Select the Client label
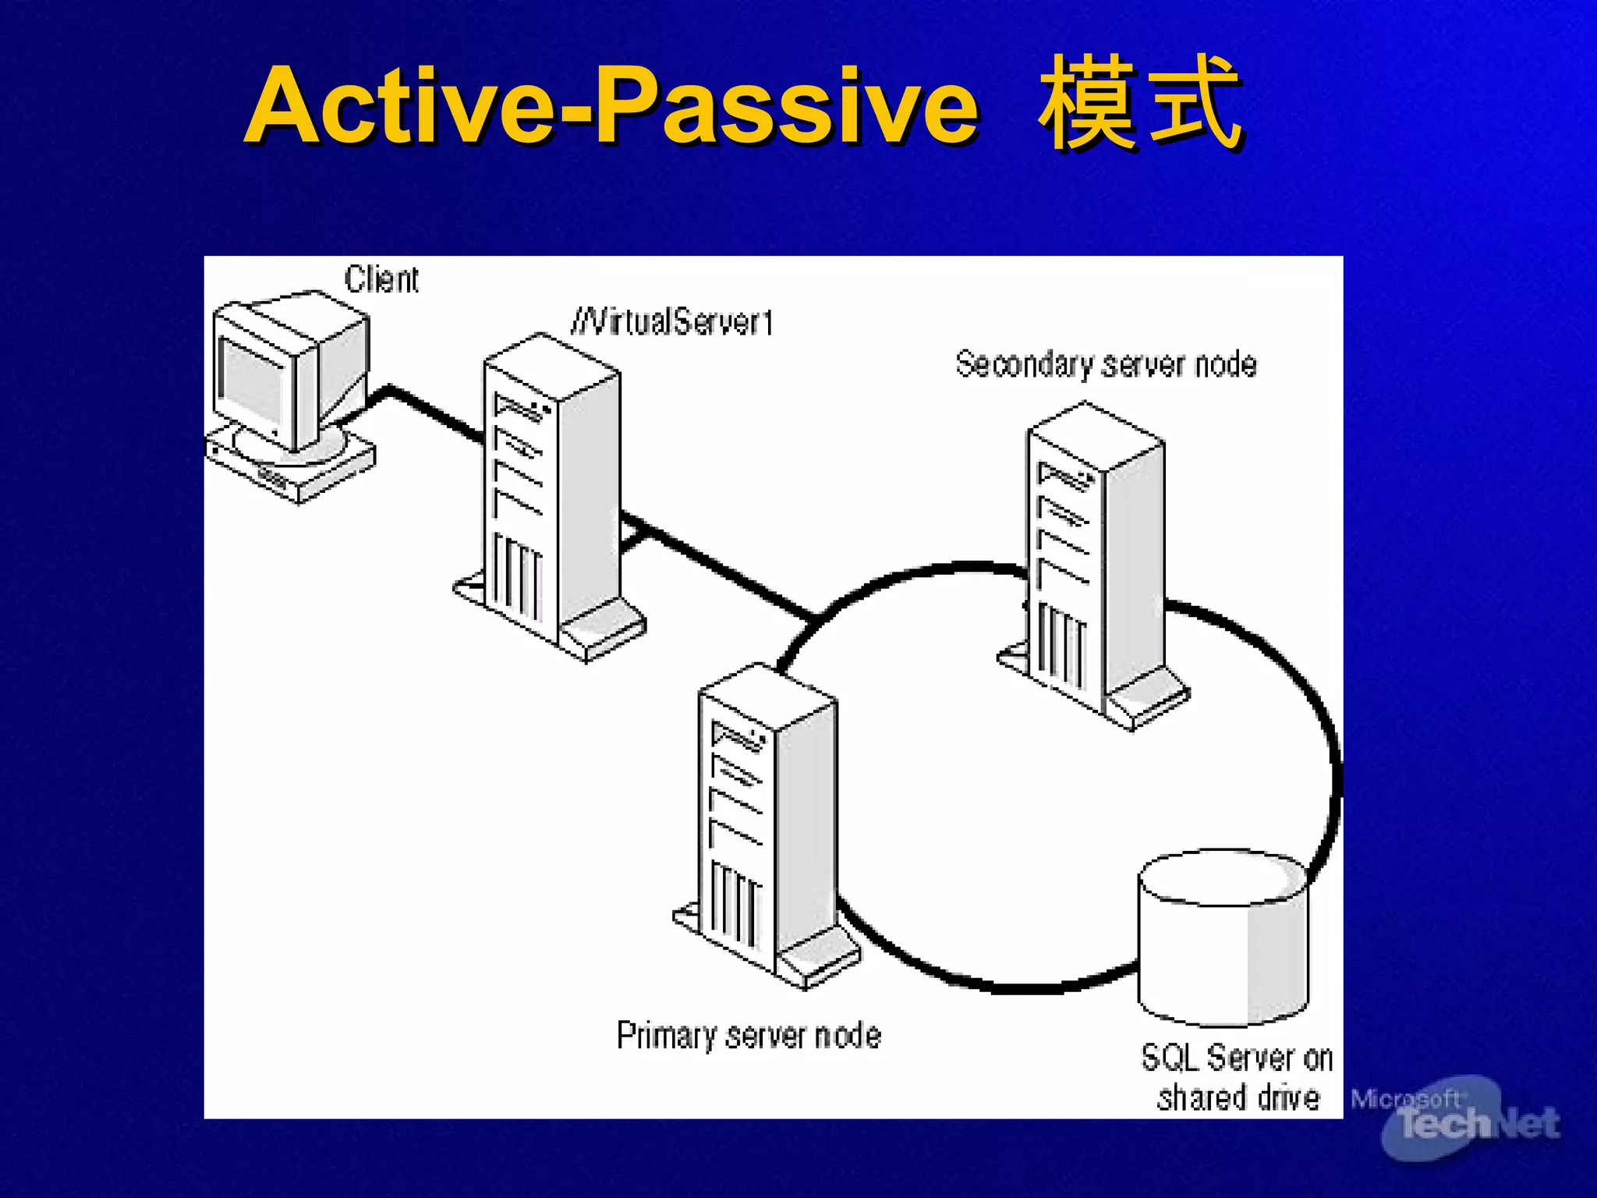click(381, 279)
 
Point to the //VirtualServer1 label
click(672, 321)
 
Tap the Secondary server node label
click(1106, 364)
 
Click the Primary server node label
click(749, 1036)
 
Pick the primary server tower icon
click(768, 827)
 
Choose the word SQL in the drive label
click(1170, 1058)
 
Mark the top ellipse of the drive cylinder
click(1223, 877)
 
